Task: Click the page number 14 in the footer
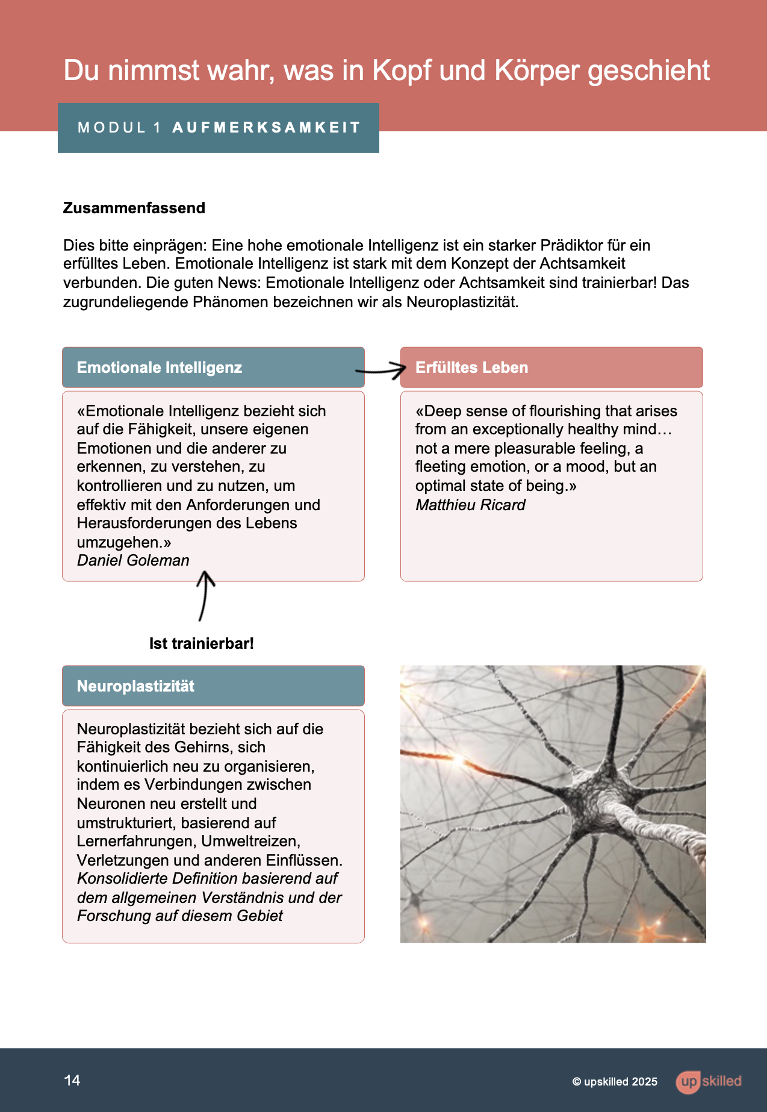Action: tap(72, 1080)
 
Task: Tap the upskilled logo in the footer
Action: tap(709, 1081)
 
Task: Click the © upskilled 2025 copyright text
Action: tap(615, 1082)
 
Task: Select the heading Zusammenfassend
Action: tap(134, 208)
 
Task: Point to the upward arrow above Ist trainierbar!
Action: tap(205, 596)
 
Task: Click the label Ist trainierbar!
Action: tap(202, 643)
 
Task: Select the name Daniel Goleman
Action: tap(133, 561)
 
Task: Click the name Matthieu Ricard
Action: tap(470, 505)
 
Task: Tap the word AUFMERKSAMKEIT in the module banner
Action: tap(266, 128)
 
